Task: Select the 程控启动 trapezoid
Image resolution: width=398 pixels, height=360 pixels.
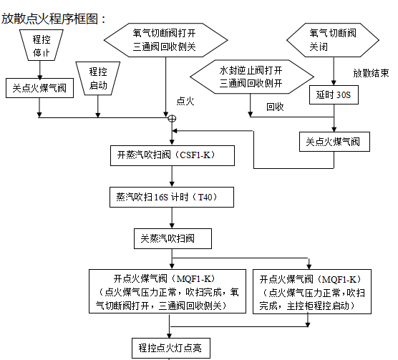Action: pyautogui.click(x=98, y=78)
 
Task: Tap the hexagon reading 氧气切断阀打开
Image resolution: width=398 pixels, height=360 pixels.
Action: pyautogui.click(x=165, y=39)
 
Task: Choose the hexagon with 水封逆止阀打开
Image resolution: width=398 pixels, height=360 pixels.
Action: pyautogui.click(x=251, y=77)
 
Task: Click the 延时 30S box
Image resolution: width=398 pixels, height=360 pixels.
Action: pyautogui.click(x=334, y=94)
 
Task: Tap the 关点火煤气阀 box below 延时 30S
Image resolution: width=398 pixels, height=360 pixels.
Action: pyautogui.click(x=334, y=141)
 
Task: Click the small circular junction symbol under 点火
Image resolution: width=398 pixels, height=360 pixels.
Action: pyautogui.click(x=172, y=118)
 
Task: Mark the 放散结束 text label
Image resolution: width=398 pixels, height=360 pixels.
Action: pyautogui.click(x=371, y=73)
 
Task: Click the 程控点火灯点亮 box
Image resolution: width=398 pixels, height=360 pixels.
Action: pyautogui.click(x=170, y=349)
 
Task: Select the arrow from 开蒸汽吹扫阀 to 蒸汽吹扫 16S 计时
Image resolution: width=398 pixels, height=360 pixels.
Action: pyautogui.click(x=170, y=176)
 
